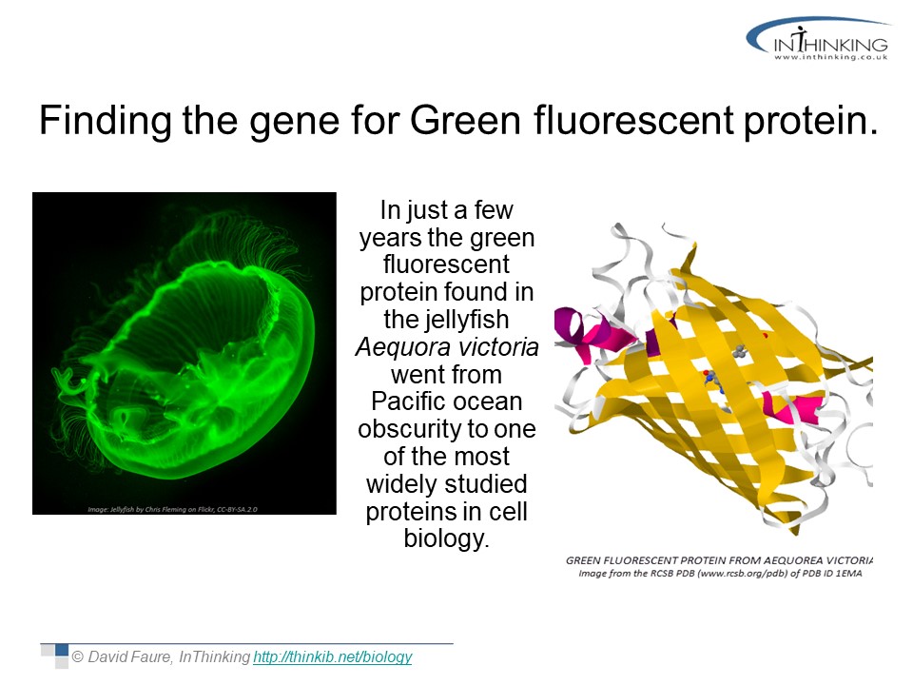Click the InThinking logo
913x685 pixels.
818,39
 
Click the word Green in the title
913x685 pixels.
465,121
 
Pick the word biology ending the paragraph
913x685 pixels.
445,538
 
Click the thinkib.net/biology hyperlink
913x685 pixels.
333,657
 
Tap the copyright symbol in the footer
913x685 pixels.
77,657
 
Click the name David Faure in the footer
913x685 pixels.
130,657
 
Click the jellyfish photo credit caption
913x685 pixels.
172,509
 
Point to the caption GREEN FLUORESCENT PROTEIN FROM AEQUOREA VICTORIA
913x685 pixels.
719,560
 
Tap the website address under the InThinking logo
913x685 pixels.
831,57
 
